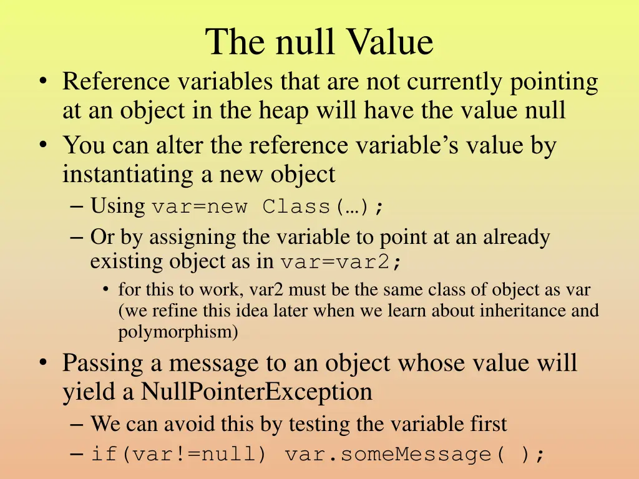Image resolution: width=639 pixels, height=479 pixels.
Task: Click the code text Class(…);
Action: pyautogui.click(x=323, y=206)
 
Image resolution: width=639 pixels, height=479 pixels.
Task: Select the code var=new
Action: pyautogui.click(x=199, y=206)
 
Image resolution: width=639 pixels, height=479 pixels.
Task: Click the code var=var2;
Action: pyautogui.click(x=341, y=262)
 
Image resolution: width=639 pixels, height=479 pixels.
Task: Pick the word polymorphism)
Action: pyautogui.click(x=178, y=332)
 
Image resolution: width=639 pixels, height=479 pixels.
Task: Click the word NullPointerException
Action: pyautogui.click(x=256, y=392)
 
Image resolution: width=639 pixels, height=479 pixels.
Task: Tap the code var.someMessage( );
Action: pyautogui.click(x=415, y=454)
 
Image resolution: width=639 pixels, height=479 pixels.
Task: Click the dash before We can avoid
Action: pyautogui.click(x=77, y=424)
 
